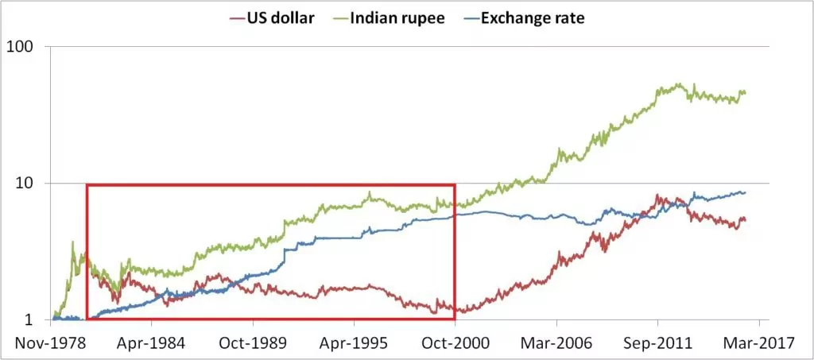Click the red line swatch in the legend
(236, 17)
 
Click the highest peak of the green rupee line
(678, 83)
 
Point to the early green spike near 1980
(72, 242)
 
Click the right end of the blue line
(745, 192)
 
